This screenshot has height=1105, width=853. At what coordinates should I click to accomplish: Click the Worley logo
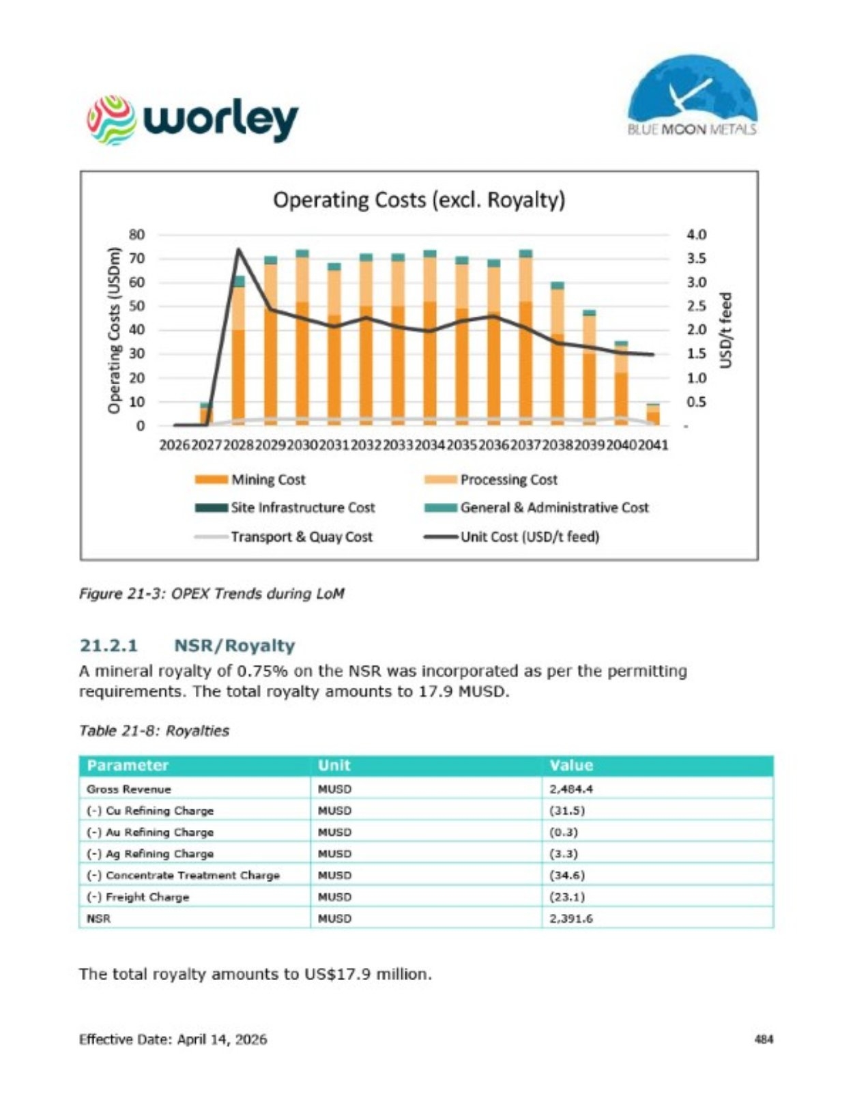click(192, 120)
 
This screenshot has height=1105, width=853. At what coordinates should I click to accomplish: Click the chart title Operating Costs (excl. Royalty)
click(419, 200)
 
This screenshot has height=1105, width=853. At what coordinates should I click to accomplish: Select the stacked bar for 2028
click(238, 351)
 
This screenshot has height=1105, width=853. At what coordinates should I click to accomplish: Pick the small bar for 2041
click(652, 414)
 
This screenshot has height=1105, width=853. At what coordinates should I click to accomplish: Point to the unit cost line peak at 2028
click(238, 248)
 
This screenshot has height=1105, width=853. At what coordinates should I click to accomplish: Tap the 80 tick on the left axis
click(136, 235)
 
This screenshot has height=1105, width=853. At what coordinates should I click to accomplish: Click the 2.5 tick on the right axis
click(696, 306)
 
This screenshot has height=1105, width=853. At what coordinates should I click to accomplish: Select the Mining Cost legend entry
click(250, 480)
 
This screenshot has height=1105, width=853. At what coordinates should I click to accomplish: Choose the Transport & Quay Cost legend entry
click(284, 536)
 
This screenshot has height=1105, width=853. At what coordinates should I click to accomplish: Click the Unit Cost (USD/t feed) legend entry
click(512, 536)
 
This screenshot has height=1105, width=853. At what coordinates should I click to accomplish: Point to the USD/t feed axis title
click(727, 330)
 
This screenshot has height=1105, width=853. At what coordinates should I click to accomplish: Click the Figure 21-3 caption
click(212, 593)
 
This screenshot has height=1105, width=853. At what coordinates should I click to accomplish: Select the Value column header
click(571, 765)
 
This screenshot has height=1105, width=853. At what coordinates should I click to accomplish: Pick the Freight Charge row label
click(138, 897)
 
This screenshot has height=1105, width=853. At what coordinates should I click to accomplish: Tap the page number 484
click(764, 1039)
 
